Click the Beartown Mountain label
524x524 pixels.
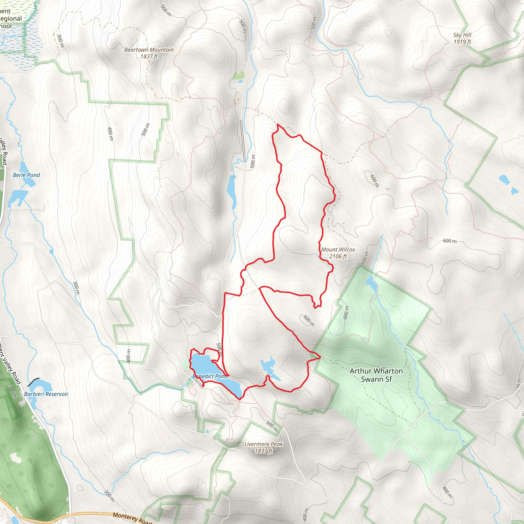coord(149,50)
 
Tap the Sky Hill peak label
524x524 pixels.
coord(462,35)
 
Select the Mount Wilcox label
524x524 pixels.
coord(338,249)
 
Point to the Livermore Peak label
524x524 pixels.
coord(263,444)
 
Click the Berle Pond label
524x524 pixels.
coord(26,175)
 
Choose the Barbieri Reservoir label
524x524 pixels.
coord(46,394)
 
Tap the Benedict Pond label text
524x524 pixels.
coord(210,376)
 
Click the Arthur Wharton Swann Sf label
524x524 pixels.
coord(376,375)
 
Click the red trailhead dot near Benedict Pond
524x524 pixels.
coord(203,385)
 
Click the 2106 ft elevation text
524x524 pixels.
coord(338,256)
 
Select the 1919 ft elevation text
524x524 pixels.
coord(462,42)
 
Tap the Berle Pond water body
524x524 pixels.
coord(16,197)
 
